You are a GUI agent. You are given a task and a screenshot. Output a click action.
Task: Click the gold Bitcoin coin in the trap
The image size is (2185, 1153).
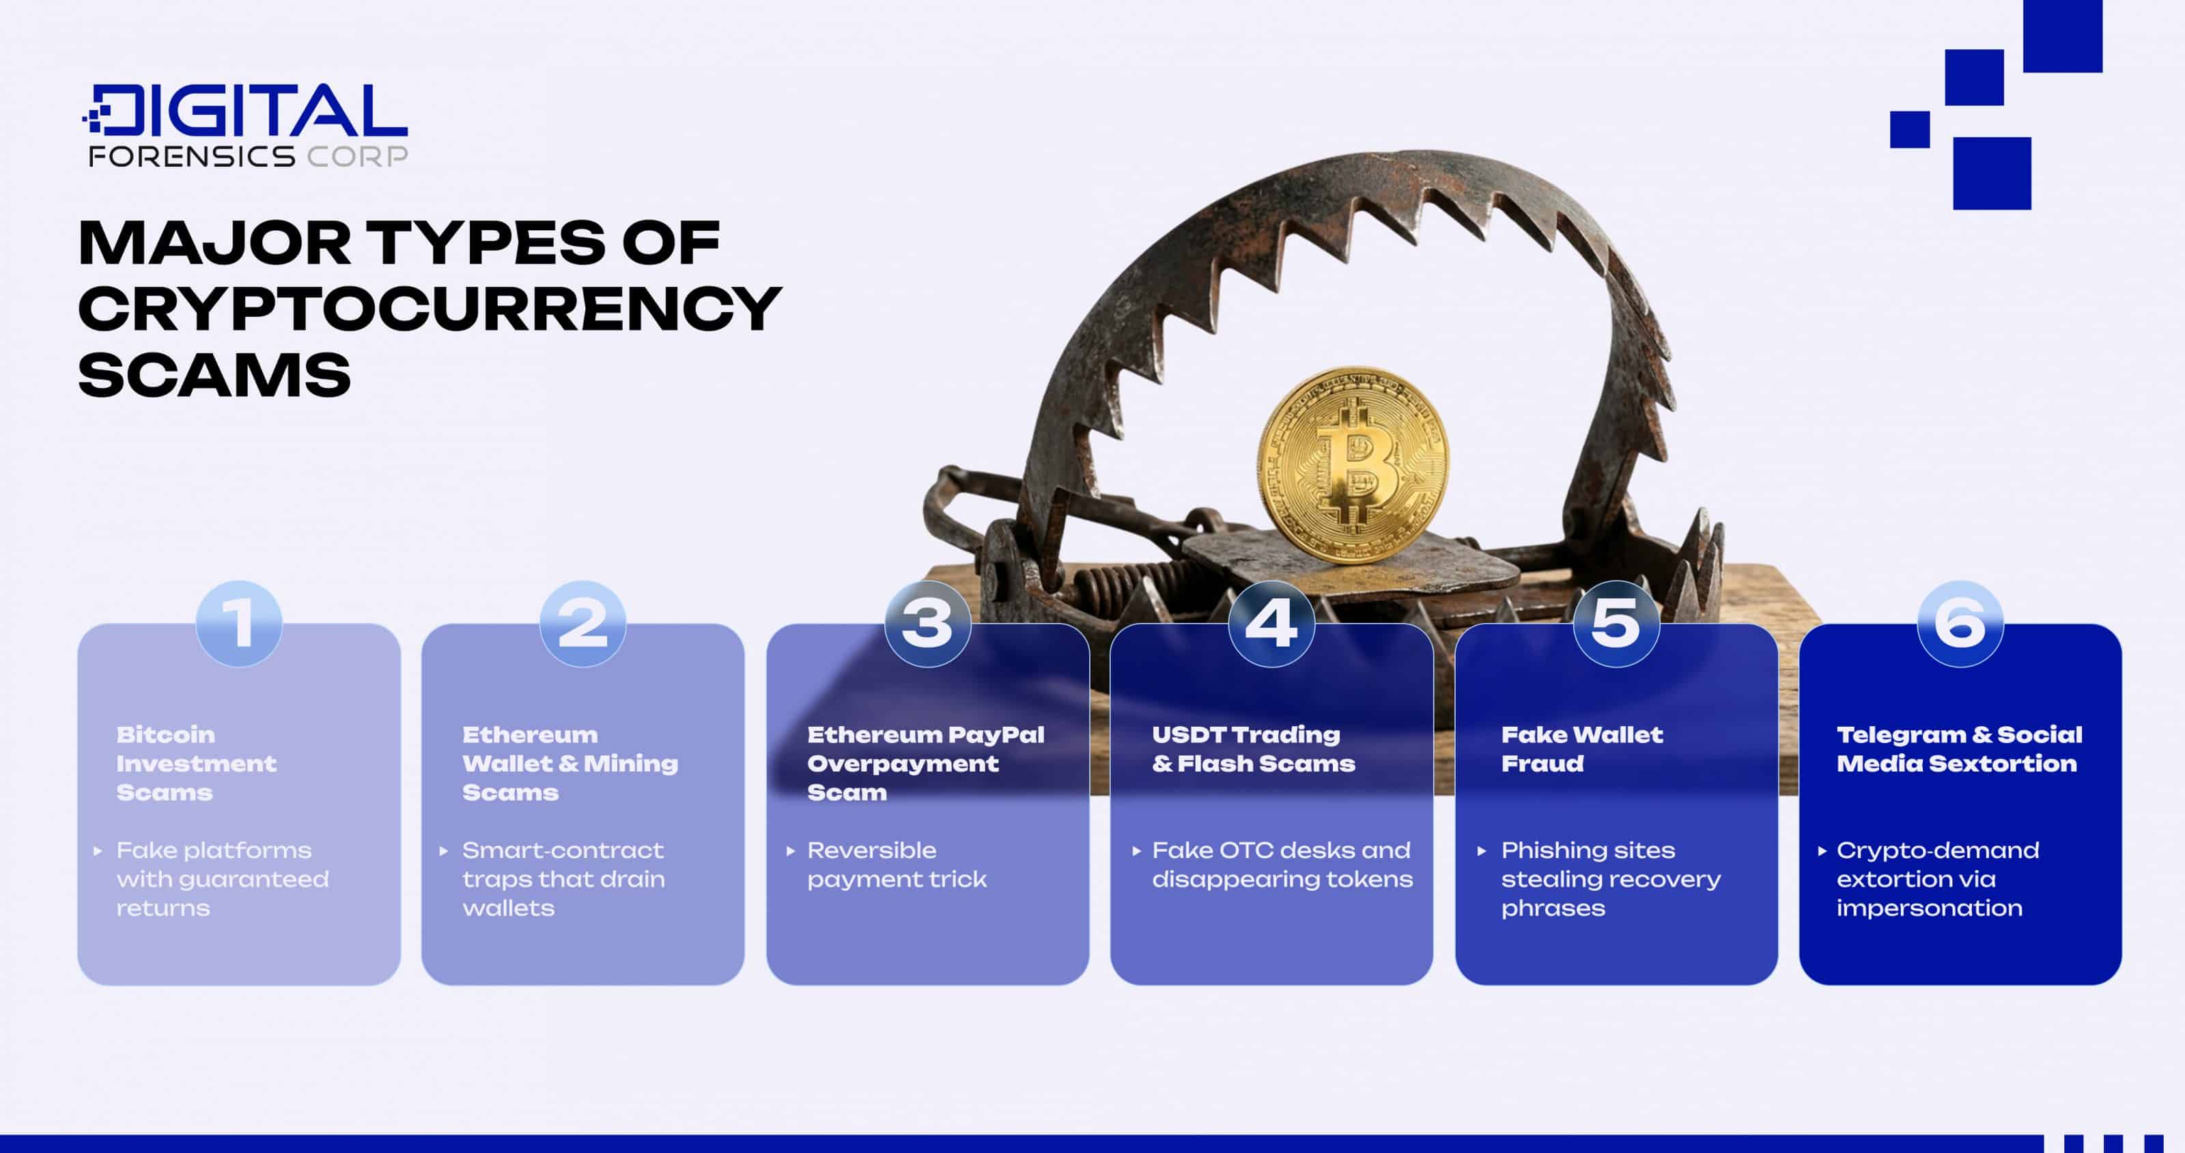click(1353, 465)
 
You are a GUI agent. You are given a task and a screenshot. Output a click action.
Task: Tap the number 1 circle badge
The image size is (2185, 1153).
click(238, 624)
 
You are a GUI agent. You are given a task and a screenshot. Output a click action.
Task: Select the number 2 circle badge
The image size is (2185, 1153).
click(582, 624)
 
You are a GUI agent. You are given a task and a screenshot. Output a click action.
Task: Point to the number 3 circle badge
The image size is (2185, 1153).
click(927, 624)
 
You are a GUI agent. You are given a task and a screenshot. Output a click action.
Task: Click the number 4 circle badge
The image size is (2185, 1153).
click(1271, 624)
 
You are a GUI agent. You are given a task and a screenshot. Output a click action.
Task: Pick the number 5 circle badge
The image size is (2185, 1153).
click(1616, 624)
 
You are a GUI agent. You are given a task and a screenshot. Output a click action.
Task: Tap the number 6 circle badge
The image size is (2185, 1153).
click(1960, 624)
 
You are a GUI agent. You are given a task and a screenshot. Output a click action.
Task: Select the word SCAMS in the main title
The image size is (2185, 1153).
click(214, 374)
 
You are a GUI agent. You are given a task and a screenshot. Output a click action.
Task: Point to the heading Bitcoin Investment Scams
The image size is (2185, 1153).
click(196, 763)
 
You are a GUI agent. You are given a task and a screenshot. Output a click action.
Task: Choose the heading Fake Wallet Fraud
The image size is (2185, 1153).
click(1581, 749)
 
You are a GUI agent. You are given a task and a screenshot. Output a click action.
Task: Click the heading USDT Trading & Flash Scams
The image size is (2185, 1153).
click(1253, 749)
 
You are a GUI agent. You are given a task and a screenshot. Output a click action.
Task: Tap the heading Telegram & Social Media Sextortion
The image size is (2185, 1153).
click(1958, 749)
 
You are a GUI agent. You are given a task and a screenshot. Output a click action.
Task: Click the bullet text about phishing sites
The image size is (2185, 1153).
click(1610, 878)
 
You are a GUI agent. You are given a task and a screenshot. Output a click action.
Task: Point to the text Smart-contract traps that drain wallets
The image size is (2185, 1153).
click(563, 878)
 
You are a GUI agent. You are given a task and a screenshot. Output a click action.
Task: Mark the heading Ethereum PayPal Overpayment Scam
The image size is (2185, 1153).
click(925, 763)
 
